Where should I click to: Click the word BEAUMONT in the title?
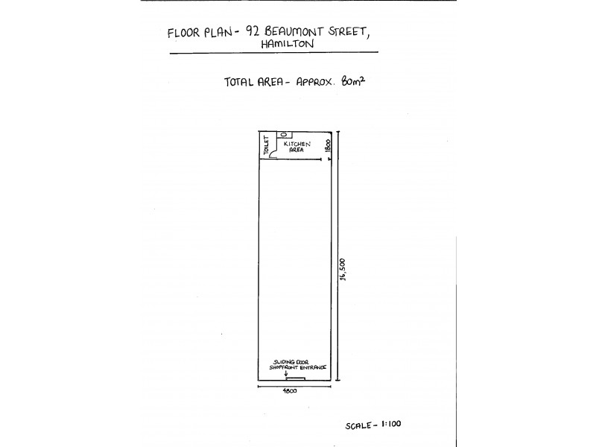pyautogui.click(x=294, y=31)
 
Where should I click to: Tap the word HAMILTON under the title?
pyautogui.click(x=288, y=44)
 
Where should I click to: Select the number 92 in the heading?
pyautogui.click(x=253, y=31)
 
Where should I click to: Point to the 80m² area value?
pyautogui.click(x=353, y=81)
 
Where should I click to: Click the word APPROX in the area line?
pyautogui.click(x=314, y=82)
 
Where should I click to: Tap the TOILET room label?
pyautogui.click(x=267, y=145)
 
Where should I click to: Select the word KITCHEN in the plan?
pyautogui.click(x=297, y=144)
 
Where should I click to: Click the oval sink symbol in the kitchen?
pyautogui.click(x=284, y=135)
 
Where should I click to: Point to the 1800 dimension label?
pyautogui.click(x=329, y=145)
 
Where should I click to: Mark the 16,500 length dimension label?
pyautogui.click(x=343, y=269)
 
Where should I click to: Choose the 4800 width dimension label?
pyautogui.click(x=290, y=390)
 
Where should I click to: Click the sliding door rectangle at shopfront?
pyautogui.click(x=296, y=378)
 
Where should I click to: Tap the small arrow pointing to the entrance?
pyautogui.click(x=286, y=373)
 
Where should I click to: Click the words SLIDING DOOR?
pyautogui.click(x=291, y=362)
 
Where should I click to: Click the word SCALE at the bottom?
pyautogui.click(x=358, y=425)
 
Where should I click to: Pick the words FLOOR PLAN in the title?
pyautogui.click(x=199, y=32)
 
